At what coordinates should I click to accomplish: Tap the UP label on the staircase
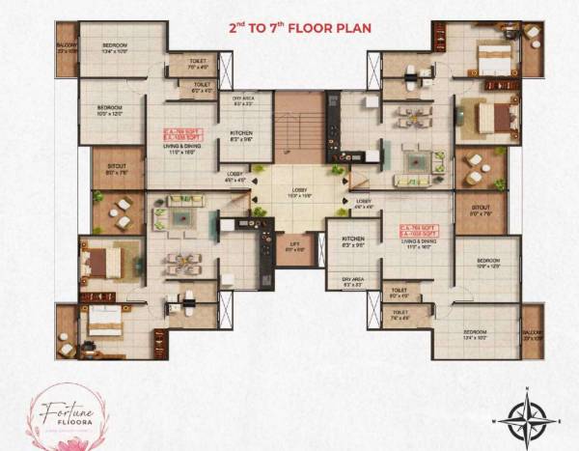(286, 153)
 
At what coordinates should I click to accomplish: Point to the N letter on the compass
(527, 391)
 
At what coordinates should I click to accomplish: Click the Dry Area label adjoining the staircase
(242, 99)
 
